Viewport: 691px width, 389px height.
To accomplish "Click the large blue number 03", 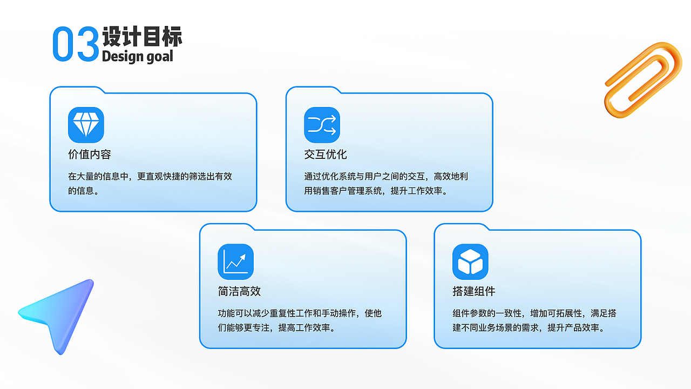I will click(76, 44).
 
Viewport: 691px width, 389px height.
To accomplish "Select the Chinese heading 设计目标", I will click(142, 36).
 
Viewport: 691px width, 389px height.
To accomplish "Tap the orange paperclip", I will click(642, 78).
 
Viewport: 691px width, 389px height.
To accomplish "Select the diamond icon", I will click(86, 125).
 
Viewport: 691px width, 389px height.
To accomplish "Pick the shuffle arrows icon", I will click(322, 125).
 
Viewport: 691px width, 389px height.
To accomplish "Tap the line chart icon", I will click(235, 261).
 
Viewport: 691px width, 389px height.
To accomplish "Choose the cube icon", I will click(470, 261).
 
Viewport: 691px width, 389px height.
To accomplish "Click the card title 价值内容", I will click(90, 155).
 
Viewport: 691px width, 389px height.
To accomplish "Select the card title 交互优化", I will click(326, 155).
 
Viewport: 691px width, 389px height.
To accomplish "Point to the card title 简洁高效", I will click(239, 291).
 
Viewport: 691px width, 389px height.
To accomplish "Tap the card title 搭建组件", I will click(474, 291).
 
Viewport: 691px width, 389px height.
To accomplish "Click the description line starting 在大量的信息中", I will click(150, 176).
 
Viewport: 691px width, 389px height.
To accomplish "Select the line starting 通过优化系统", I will click(386, 176).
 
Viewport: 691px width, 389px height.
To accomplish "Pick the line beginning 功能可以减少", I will click(300, 313).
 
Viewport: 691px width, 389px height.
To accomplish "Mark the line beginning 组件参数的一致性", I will click(534, 313).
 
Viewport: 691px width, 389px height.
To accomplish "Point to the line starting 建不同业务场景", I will click(528, 327).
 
